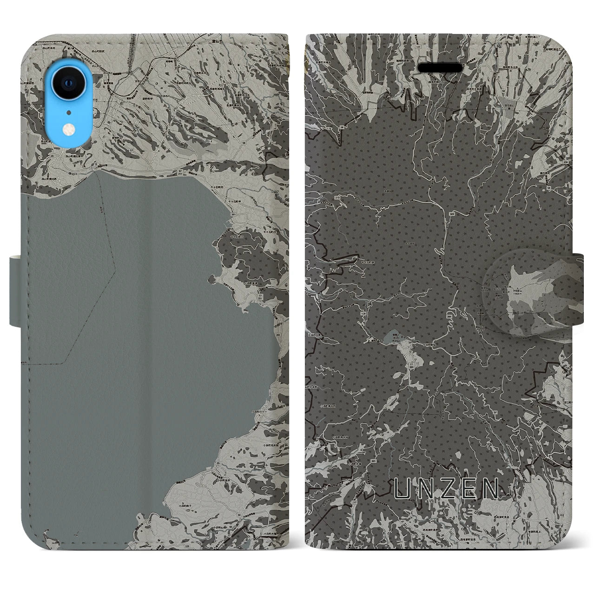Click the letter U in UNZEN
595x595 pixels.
403,489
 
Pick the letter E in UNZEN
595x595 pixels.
467,489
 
